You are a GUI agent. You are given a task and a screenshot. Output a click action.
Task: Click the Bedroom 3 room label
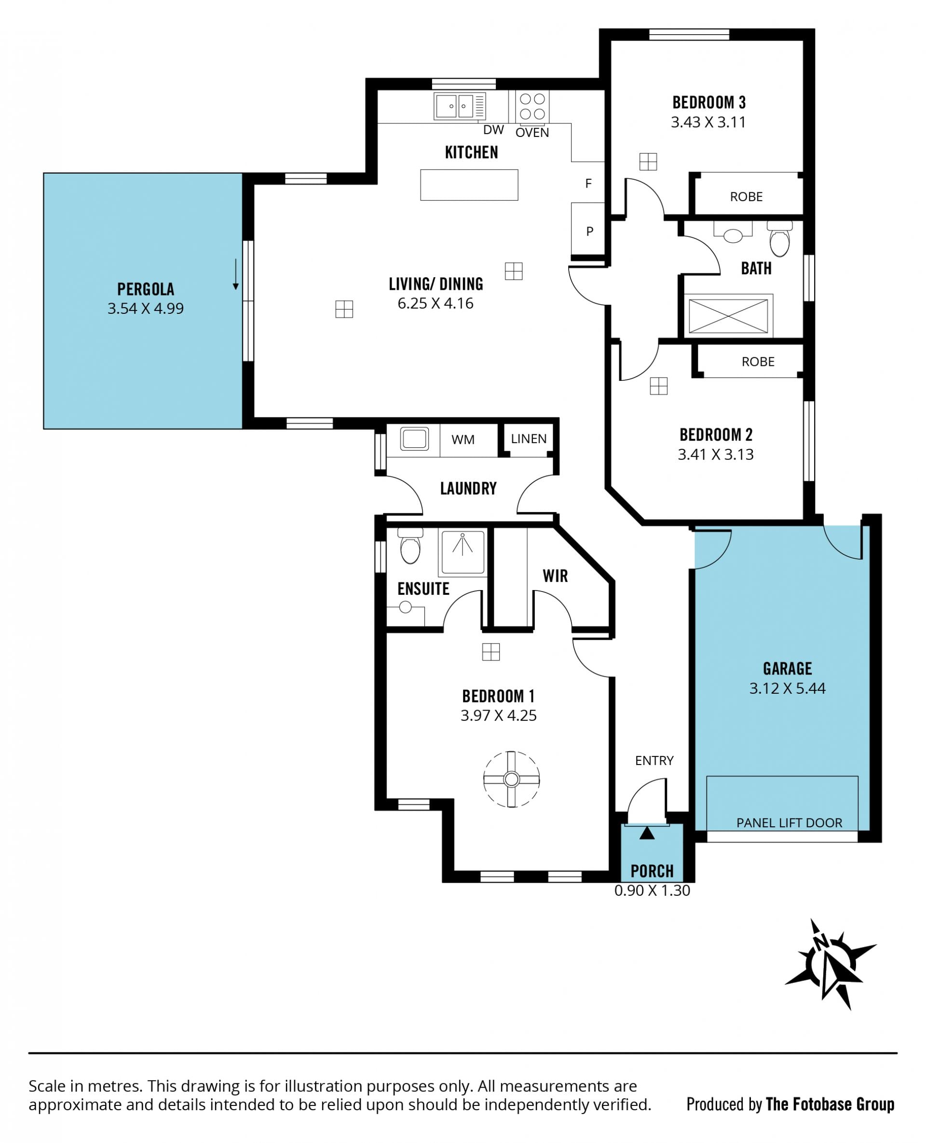pos(709,102)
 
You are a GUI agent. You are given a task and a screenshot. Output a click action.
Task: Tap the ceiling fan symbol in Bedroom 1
pos(512,780)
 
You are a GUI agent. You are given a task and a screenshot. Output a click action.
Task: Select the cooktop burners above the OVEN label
pos(532,106)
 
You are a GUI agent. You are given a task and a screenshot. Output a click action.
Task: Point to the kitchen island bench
pos(469,185)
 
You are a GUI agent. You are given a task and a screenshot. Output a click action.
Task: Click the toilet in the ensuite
pos(410,545)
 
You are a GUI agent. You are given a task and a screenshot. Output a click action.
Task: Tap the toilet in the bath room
pos(780,239)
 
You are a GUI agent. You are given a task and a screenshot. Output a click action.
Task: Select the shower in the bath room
pos(728,316)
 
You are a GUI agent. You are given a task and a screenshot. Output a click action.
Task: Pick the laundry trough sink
pos(414,439)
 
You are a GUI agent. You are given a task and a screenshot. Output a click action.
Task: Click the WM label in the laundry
pos(463,439)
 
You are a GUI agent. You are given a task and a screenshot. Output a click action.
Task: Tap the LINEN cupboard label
pos(529,438)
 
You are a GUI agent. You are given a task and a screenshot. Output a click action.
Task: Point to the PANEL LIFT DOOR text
pos(790,822)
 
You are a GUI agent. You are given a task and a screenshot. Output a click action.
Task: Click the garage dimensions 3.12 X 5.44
pos(787,688)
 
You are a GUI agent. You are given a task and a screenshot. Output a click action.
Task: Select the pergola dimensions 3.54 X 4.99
pos(146,308)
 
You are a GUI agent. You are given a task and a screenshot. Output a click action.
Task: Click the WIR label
pos(555,576)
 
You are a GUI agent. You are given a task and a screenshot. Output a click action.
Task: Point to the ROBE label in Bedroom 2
pos(758,362)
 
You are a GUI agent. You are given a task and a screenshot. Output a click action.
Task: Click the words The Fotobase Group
pos(830,1104)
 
